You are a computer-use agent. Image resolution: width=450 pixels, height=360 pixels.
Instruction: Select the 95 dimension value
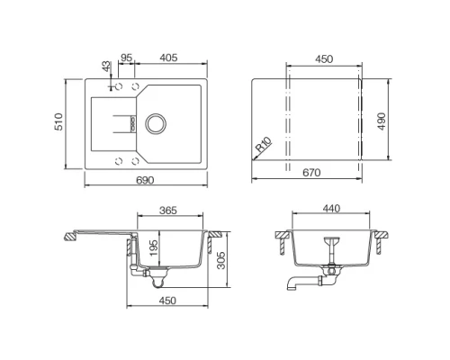pyautogui.click(x=127, y=58)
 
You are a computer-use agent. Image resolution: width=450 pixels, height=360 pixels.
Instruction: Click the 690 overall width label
pyautogui.click(x=145, y=180)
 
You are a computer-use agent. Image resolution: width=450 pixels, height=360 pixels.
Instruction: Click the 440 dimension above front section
pyautogui.click(x=332, y=210)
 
